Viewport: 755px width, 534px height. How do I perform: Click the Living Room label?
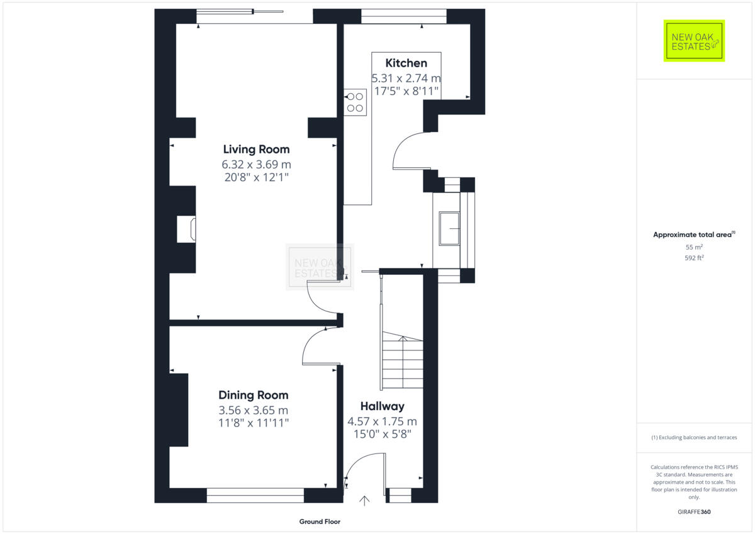(x=256, y=149)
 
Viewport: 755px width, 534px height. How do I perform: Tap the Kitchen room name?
(x=406, y=63)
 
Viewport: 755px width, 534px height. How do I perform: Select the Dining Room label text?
(x=254, y=395)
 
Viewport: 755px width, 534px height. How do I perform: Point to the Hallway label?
(x=382, y=406)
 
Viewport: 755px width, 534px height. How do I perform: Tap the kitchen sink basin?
(x=450, y=228)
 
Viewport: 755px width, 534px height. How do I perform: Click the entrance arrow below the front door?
(x=364, y=501)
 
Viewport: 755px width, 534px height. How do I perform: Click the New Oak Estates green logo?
(x=694, y=41)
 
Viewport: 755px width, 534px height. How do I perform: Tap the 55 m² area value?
(x=694, y=248)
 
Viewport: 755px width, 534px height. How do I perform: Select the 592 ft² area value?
(x=694, y=258)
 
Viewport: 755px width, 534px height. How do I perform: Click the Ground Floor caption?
(x=320, y=521)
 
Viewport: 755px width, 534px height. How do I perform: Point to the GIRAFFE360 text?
(x=694, y=512)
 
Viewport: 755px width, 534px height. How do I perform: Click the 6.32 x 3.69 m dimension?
(x=256, y=164)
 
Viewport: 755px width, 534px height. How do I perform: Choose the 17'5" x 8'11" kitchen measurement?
(x=406, y=91)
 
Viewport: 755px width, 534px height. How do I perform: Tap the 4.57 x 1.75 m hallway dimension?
(x=382, y=421)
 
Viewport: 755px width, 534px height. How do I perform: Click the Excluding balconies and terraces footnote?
(x=694, y=437)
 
